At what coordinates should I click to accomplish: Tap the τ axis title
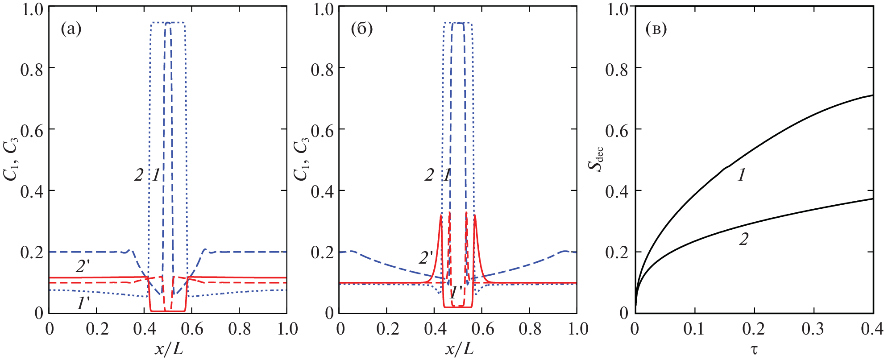(754, 349)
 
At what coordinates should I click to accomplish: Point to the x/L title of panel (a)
(169, 349)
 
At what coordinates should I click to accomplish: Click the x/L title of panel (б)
(459, 349)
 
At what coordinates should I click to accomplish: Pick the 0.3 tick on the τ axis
(813, 329)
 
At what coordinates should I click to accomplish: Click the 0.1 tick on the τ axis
(694, 329)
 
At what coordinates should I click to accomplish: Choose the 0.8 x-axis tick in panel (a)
(239, 329)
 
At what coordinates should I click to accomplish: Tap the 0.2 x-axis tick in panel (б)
(387, 329)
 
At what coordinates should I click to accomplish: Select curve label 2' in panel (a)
(83, 267)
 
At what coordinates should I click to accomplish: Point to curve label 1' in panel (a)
(83, 304)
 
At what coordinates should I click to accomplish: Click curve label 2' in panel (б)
(426, 258)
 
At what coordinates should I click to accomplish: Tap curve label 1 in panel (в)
(741, 175)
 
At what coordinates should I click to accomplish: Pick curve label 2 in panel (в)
(743, 240)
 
